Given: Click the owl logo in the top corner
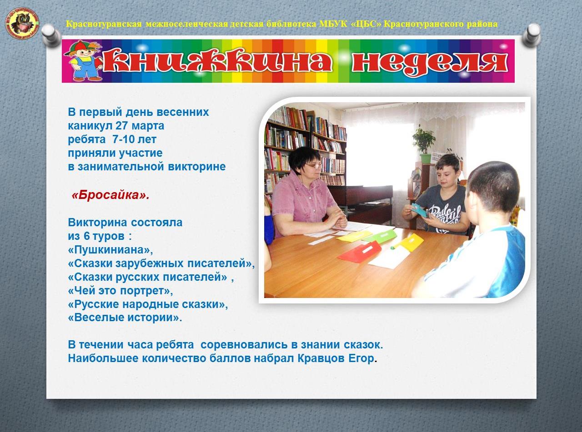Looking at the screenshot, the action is pos(22,24).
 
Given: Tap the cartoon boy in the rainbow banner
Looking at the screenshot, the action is pos(84,61).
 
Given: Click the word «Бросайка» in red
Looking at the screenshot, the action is pos(110,195).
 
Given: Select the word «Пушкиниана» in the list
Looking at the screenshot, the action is pos(110,250).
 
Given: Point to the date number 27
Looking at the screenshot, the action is pos(121,126).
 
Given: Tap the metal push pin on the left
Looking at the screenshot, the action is pos(51,35).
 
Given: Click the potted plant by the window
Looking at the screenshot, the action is pos(424,144).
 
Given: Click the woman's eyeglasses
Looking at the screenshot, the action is pos(314,166).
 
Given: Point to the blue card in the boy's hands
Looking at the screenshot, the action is pos(420,209).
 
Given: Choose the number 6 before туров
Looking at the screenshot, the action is pos(87,236).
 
